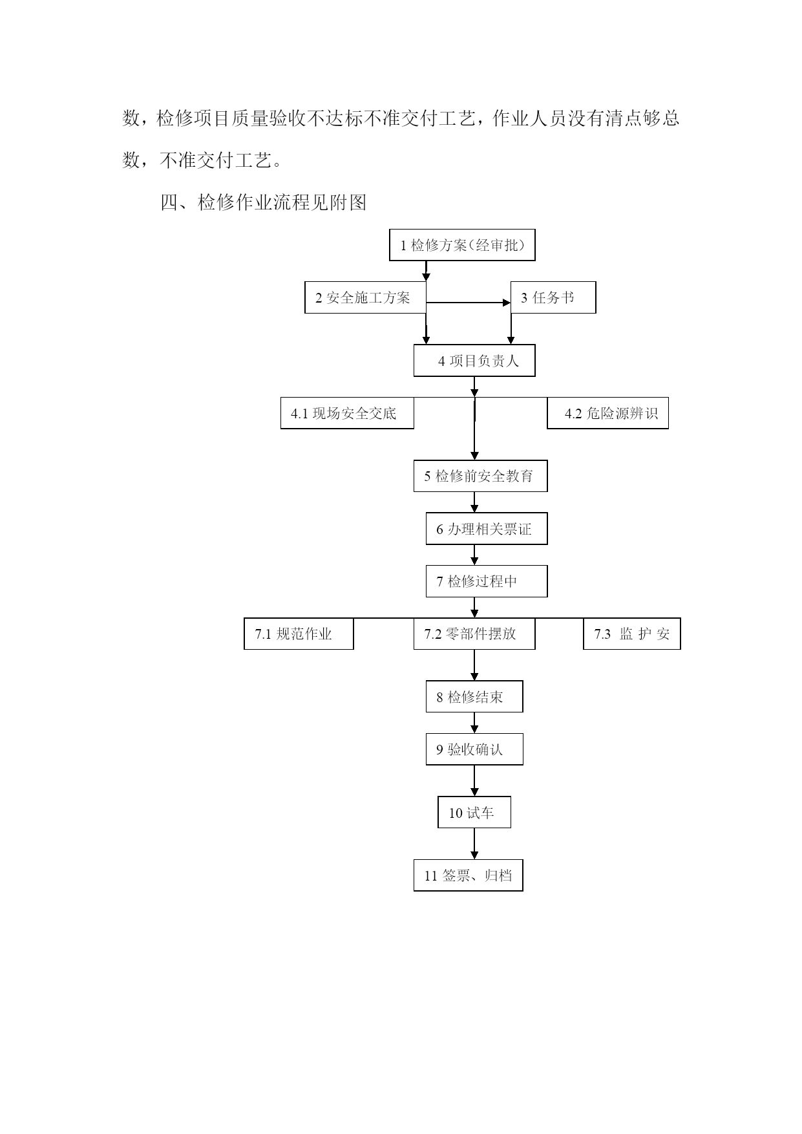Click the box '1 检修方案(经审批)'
pos(462,245)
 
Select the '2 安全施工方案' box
pos(365,297)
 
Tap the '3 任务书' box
pos(553,297)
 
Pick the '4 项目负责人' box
pos(474,360)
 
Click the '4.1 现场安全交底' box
pos(347,413)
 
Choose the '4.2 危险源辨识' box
pos(607,413)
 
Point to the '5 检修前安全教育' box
pos(480,476)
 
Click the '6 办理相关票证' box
pos(487,529)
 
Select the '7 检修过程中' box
pos(487,581)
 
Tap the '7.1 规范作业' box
pos(299,634)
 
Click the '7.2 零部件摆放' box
pos(474,634)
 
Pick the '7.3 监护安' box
pos(632,634)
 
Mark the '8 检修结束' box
pos(474,696)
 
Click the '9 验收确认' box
pos(474,749)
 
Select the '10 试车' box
pos(474,812)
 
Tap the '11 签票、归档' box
pos(469,875)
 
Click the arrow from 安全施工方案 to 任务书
pos(469,303)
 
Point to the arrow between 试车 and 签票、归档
pos(474,844)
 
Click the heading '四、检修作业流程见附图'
pos(264,203)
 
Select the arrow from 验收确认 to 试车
pos(474,780)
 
